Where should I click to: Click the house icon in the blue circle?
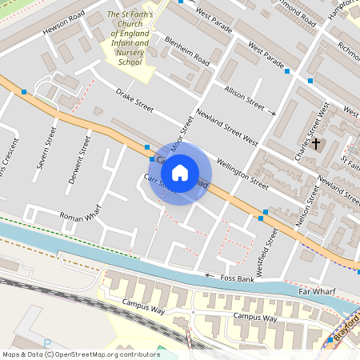180,173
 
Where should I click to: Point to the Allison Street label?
244,97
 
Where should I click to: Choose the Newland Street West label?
227,127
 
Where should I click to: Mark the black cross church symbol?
316,144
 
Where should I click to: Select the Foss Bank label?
237,278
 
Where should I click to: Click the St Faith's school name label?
130,38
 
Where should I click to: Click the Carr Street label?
158,183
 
